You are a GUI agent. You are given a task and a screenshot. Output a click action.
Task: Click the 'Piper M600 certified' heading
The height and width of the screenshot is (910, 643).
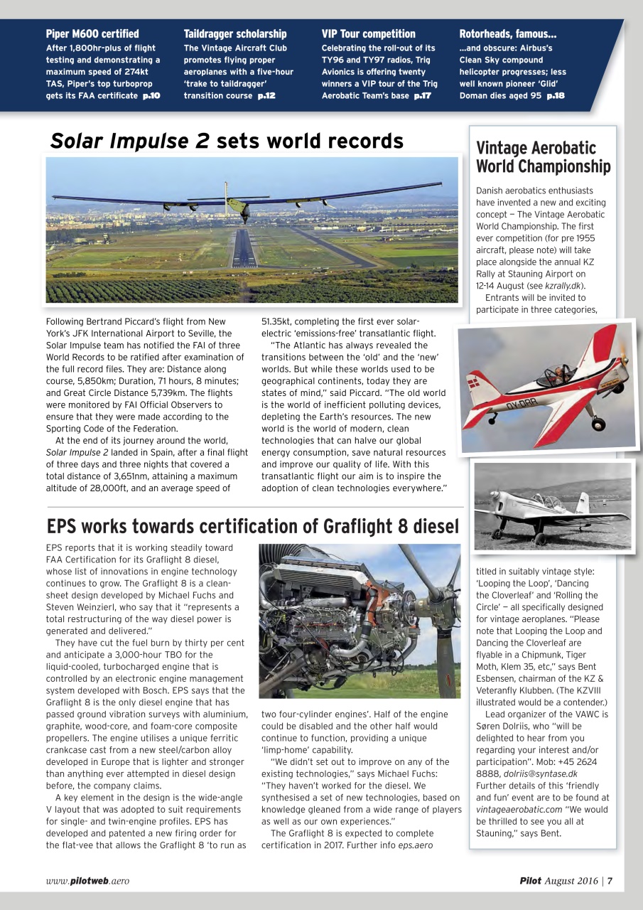(x=92, y=33)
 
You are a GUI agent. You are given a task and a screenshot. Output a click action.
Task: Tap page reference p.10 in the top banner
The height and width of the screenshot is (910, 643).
(x=151, y=95)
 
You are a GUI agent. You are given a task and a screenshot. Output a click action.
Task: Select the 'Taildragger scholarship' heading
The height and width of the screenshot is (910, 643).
(x=235, y=33)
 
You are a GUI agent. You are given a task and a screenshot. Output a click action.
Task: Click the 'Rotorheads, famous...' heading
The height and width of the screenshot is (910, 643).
(x=508, y=33)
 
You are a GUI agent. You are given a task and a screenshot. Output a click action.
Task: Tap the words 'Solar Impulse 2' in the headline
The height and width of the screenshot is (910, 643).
(x=129, y=141)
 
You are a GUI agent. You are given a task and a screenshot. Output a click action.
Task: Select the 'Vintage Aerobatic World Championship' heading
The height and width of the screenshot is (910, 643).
(x=543, y=157)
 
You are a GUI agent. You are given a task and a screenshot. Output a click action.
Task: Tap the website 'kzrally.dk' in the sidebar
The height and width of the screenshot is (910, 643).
(x=565, y=286)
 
